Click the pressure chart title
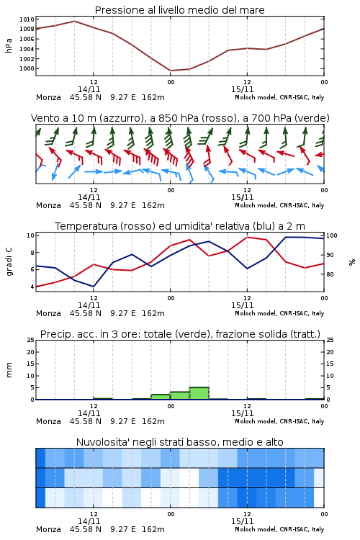click(179, 10)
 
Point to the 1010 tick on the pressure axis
click(27, 19)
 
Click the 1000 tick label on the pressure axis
click(27, 68)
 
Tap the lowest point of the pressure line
click(171, 71)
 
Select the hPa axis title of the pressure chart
click(9, 45)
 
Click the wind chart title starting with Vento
click(180, 118)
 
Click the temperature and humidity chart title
click(180, 226)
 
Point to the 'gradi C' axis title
click(9, 261)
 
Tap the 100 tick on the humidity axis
click(332, 235)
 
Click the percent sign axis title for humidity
click(352, 262)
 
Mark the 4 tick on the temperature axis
click(32, 287)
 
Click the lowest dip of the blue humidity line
click(94, 287)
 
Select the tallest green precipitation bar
click(199, 393)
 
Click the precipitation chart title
click(180, 334)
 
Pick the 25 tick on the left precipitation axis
click(31, 340)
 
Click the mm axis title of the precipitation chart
click(9, 370)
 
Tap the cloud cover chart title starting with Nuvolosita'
click(179, 442)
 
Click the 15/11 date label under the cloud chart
click(242, 521)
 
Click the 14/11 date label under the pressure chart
click(89, 89)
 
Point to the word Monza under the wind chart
click(48, 205)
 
